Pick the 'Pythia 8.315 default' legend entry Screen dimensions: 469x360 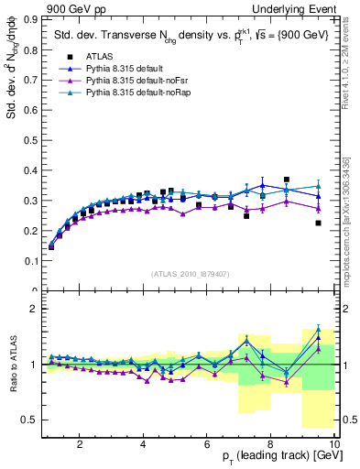(x=129, y=69)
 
